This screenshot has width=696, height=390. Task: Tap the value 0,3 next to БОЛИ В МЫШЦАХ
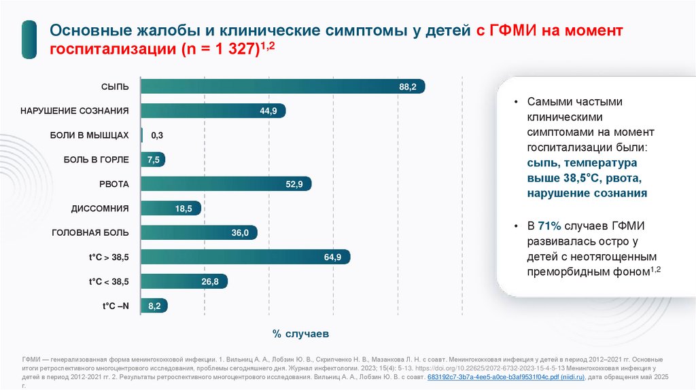(157, 135)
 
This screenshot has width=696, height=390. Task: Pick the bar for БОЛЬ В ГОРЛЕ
(152, 160)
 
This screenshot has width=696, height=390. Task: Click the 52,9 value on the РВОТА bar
(294, 184)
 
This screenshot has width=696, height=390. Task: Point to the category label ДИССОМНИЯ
(100, 209)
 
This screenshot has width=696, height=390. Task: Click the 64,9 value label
(333, 257)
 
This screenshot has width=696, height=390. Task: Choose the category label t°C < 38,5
(109, 281)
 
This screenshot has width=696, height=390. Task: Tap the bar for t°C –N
(154, 306)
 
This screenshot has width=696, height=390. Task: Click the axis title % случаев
(300, 334)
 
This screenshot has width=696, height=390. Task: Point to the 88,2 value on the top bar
(408, 86)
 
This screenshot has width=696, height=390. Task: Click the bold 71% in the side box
(548, 226)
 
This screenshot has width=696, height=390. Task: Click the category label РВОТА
(114, 184)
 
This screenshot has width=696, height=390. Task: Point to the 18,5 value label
(184, 209)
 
